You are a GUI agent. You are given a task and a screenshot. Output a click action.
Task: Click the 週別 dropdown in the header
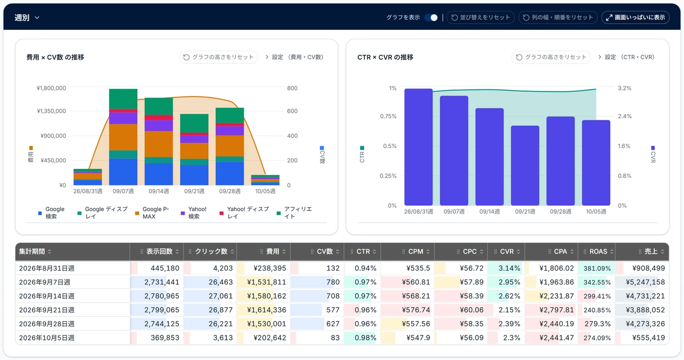point(27,18)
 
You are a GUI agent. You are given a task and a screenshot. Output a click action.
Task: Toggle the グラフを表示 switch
point(431,18)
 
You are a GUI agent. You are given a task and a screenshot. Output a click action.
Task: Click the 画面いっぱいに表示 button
point(635,18)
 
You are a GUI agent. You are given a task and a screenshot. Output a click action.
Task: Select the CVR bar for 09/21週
point(525,165)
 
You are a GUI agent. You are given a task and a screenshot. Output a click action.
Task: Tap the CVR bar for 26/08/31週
point(418,147)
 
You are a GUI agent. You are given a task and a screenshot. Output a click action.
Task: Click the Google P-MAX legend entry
point(152,213)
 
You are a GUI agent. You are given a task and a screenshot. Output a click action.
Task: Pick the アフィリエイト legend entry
point(294,213)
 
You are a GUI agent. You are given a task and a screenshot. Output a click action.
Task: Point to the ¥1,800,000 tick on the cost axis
point(51,88)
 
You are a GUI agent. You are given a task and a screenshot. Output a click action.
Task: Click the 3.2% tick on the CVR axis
point(625,88)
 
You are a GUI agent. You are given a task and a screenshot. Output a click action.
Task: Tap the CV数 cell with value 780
point(317,282)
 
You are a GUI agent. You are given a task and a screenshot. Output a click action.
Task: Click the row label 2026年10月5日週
point(47,338)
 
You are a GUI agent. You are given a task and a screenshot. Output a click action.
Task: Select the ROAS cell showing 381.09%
point(596,268)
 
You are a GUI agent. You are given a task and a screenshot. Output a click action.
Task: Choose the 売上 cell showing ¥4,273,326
point(642,324)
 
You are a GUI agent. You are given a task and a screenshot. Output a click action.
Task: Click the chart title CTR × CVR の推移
point(385,57)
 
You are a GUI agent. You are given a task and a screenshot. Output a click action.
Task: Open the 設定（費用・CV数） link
point(294,57)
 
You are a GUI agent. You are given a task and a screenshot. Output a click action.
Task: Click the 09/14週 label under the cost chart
point(159,192)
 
